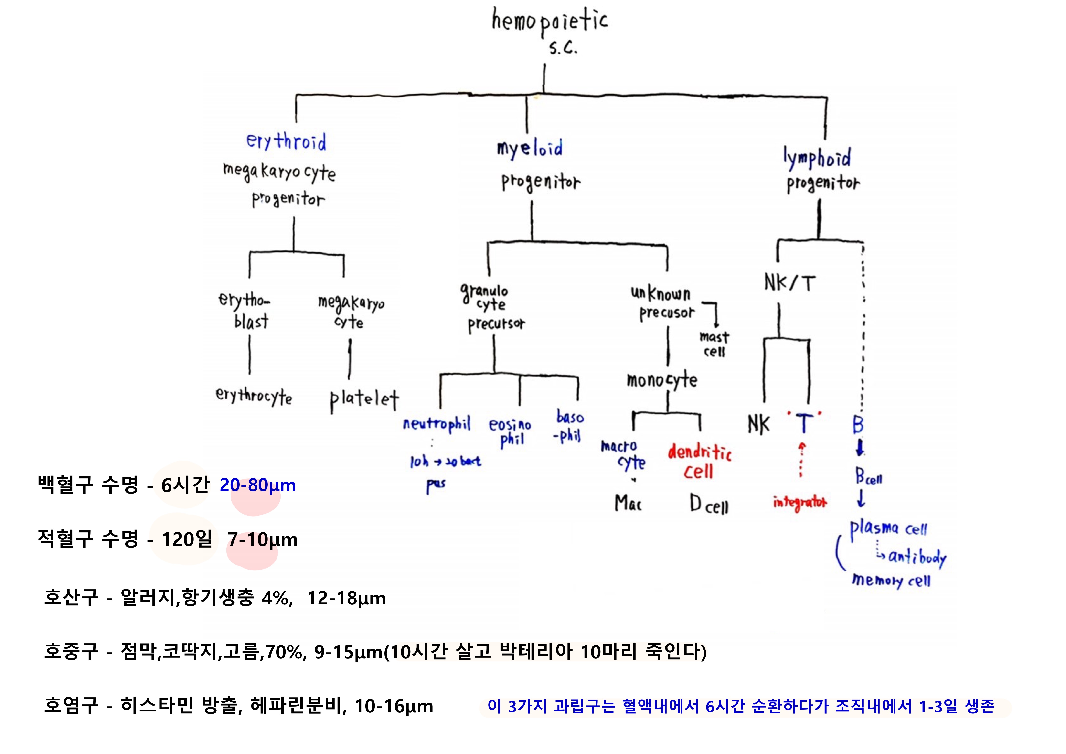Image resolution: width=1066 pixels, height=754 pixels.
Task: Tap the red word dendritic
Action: click(x=700, y=452)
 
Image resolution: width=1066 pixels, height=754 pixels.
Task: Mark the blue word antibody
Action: click(x=917, y=557)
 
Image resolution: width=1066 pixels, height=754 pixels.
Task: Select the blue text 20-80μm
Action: click(x=258, y=485)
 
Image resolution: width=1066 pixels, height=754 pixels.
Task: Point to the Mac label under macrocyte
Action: click(x=628, y=503)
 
